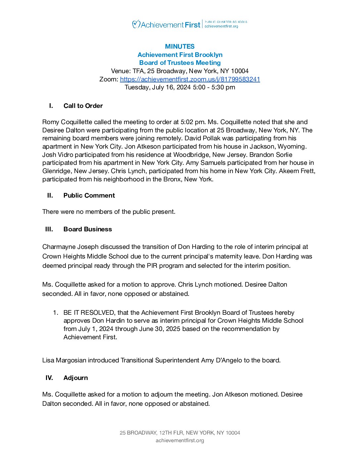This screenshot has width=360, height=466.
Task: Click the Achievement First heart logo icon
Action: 136,24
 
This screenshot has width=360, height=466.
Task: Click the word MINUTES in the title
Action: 180,46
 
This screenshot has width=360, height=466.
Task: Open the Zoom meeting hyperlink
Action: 190,79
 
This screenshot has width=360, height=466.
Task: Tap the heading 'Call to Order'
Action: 83,106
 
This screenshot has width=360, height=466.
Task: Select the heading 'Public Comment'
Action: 89,195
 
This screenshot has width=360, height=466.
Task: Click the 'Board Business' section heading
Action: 88,229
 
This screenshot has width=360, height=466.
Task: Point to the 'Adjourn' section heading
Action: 76,378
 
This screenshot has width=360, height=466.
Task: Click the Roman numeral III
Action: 49,229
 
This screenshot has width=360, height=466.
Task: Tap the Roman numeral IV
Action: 49,378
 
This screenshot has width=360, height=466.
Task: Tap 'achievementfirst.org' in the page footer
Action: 180,441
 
